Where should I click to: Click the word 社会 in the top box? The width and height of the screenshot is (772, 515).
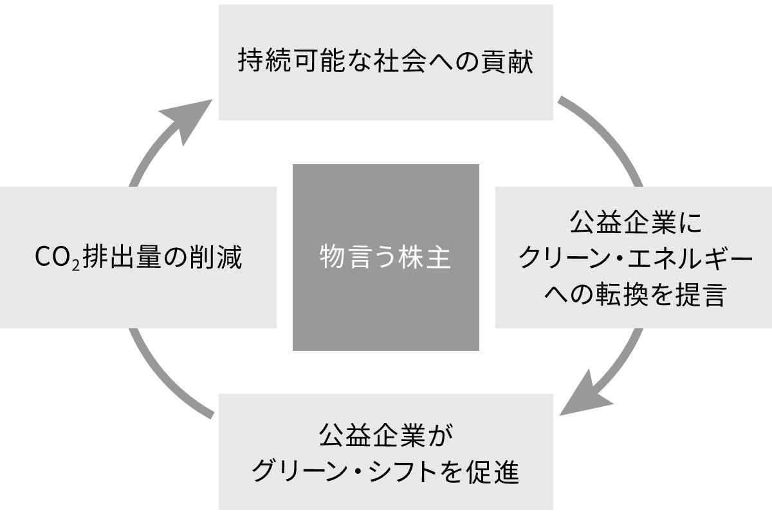click(x=404, y=63)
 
